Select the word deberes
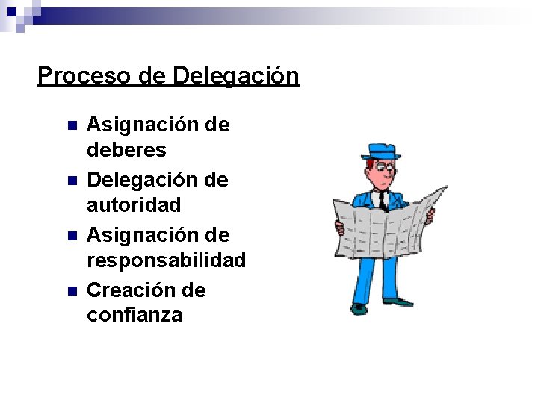[x=126, y=150]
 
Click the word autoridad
[x=134, y=204]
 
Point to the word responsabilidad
[x=166, y=260]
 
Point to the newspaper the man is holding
[x=389, y=228]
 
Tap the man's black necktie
[x=382, y=199]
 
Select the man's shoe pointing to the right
[x=398, y=302]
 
